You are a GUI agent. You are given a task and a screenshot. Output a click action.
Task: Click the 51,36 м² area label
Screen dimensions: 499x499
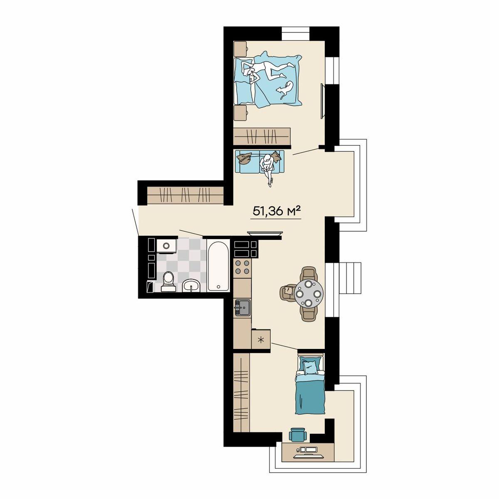pyautogui.click(x=276, y=211)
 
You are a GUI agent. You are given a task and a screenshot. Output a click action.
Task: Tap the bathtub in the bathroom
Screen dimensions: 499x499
pyautogui.click(x=218, y=265)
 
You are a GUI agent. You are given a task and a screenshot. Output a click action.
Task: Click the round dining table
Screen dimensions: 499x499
pyautogui.click(x=309, y=294)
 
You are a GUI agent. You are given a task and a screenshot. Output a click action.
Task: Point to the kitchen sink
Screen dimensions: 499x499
pyautogui.click(x=242, y=307)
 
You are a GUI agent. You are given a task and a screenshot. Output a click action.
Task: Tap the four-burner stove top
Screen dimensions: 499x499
pyautogui.click(x=242, y=267)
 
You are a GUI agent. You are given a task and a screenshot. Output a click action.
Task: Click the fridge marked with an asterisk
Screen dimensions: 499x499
pyautogui.click(x=261, y=339)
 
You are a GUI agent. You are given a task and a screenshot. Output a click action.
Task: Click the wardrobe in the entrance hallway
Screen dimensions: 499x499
pyautogui.click(x=185, y=195)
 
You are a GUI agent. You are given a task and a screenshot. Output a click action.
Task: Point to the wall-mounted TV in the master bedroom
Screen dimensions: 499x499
pyautogui.click(x=322, y=101)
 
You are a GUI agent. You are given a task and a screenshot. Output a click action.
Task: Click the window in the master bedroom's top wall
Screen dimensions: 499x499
pyautogui.click(x=296, y=33)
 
